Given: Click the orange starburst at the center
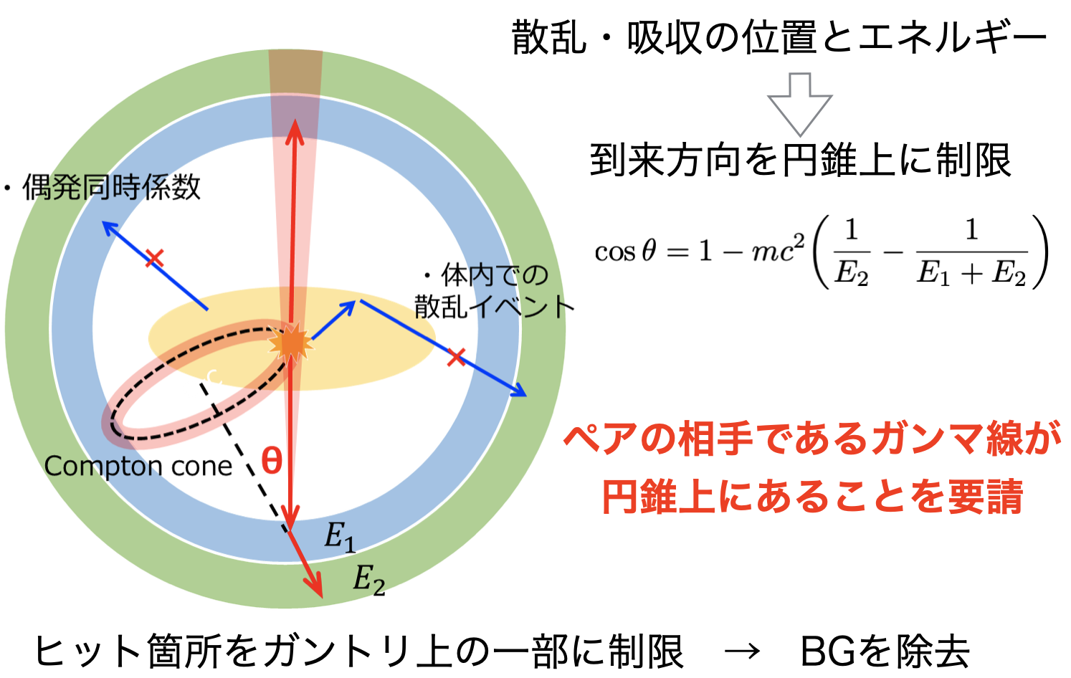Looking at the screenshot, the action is tap(290, 343).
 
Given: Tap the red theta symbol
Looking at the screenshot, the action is tap(272, 461).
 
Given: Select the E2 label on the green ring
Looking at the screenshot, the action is tap(368, 580).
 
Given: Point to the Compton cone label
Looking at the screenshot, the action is tap(138, 466).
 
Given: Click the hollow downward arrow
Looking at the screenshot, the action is tap(799, 104).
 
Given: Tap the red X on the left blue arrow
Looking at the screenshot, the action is tap(154, 258).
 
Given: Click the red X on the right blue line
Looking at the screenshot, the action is tap(456, 357).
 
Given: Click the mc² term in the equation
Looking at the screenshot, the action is tap(779, 248).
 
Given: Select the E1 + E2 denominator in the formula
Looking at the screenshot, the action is tap(971, 274).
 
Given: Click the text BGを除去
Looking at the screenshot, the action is tap(885, 651).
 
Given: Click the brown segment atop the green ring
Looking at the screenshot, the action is tap(295, 71).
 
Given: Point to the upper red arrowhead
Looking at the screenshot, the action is tap(295, 131).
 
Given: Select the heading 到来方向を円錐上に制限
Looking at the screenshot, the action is tap(800, 160).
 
